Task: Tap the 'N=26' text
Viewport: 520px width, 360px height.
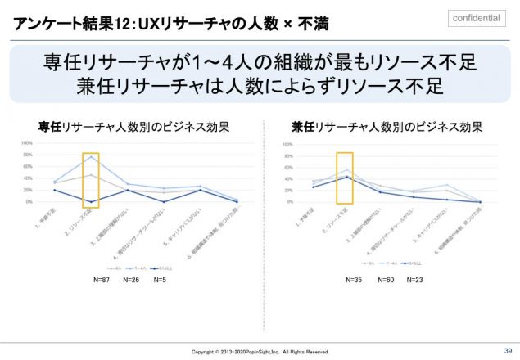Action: pyautogui.click(x=130, y=278)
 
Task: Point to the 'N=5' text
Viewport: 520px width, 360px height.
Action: pyautogui.click(x=161, y=278)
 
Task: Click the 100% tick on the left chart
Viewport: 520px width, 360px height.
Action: pyautogui.click(x=26, y=143)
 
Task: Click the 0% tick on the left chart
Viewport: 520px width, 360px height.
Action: pyautogui.click(x=27, y=201)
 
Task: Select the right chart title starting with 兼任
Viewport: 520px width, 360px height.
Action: pyautogui.click(x=387, y=127)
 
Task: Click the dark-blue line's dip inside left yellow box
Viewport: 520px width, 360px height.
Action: pyautogui.click(x=91, y=202)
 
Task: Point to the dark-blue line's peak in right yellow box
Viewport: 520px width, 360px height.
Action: pyautogui.click(x=346, y=177)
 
